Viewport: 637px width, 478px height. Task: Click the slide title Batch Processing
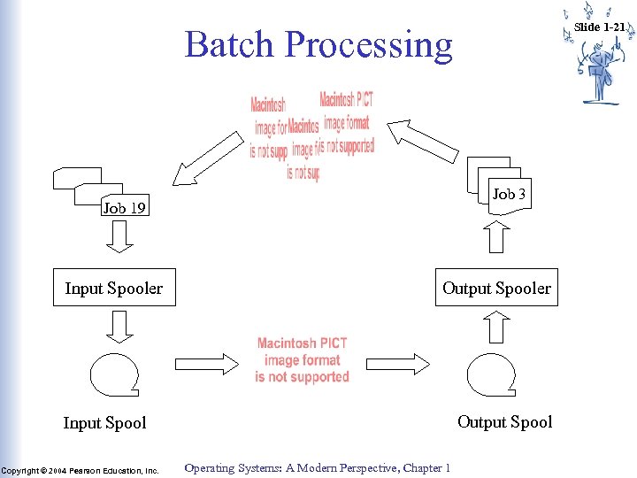[318, 44]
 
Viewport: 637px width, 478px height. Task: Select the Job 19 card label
[125, 209]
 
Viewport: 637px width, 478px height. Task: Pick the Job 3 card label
[509, 194]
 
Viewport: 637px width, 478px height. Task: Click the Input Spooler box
[114, 288]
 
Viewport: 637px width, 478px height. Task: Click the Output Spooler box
[496, 288]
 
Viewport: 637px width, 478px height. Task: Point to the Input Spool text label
[104, 423]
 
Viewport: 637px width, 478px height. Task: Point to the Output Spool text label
[504, 422]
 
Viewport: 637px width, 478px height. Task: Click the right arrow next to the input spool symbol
[207, 364]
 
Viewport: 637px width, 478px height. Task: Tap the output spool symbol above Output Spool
[491, 374]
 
